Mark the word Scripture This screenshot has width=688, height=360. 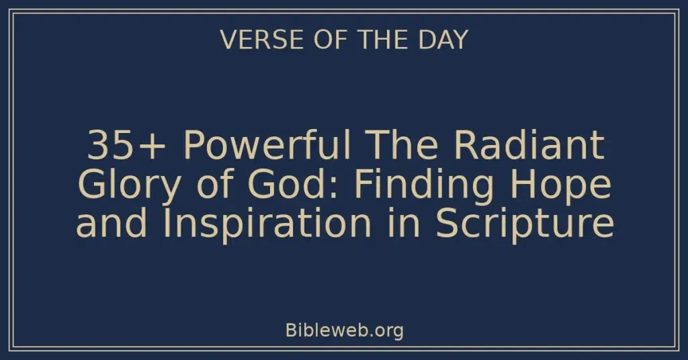[525, 225]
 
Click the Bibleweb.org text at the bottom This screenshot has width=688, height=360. [344, 330]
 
